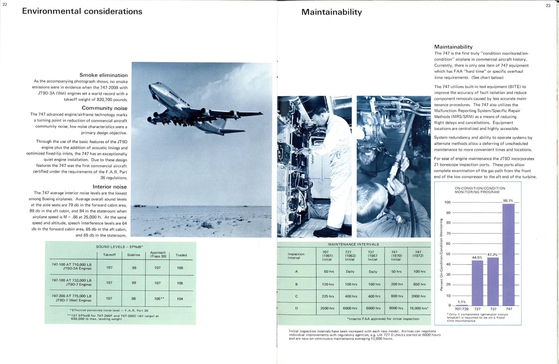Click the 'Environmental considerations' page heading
pos(82,11)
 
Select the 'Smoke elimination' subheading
pos(104,75)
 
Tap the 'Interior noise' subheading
pos(110,187)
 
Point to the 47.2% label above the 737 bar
pos(493,255)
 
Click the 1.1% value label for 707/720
pos(462,302)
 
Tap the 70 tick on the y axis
pos(448,233)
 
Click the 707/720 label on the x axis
pos(462,309)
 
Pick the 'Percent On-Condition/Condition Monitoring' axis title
pos(441,254)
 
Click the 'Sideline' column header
pos(134,255)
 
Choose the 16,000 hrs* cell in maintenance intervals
pos(419,308)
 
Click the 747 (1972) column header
pos(418,254)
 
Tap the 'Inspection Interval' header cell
pos(296,256)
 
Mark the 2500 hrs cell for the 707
pos(327,308)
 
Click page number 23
pos(548,6)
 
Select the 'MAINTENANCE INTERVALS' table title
pos(354,244)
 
